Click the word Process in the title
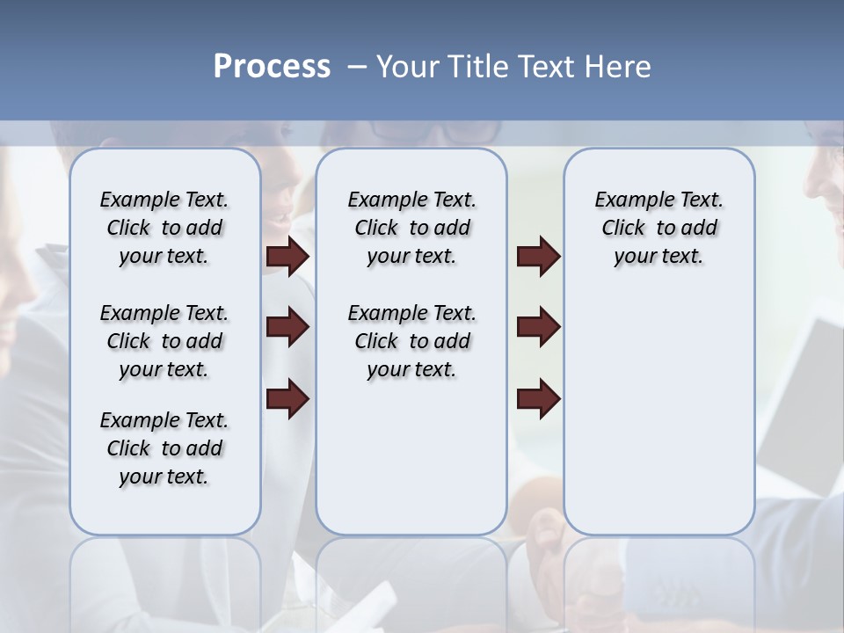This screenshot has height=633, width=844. tap(272, 67)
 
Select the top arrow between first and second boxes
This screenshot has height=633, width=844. tap(287, 256)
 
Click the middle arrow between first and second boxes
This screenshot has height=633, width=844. tap(287, 327)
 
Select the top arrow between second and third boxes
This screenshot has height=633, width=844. tap(538, 256)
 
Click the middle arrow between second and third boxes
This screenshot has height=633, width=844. tap(538, 327)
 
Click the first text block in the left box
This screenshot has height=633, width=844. tap(164, 228)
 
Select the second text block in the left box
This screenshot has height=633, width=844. tap(164, 341)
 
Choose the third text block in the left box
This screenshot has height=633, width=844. tap(164, 448)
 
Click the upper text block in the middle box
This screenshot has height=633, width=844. tap(411, 228)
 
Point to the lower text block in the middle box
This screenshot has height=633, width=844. tap(411, 341)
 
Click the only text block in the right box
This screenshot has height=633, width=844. tap(658, 228)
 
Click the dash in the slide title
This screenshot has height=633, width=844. tap(357, 67)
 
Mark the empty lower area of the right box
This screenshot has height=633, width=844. tap(658, 413)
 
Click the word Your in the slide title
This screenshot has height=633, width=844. tap(407, 67)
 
